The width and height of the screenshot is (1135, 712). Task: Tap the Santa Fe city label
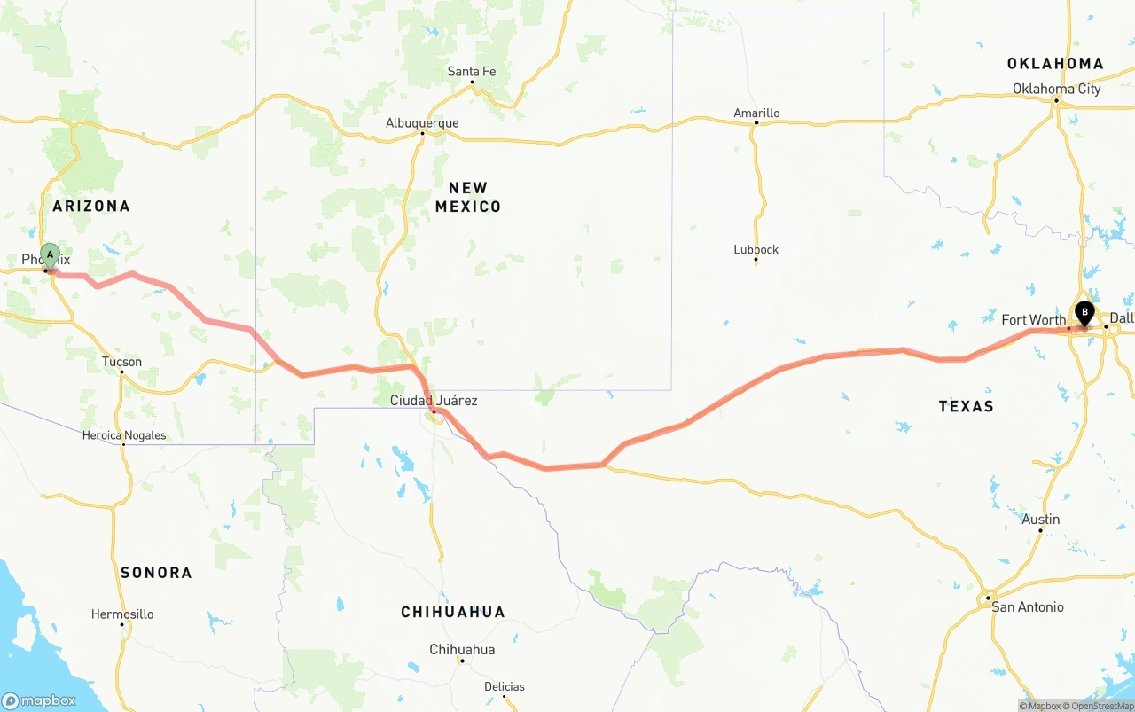click(x=472, y=72)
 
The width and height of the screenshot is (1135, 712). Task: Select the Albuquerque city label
click(x=422, y=123)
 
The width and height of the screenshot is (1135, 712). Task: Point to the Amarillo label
click(x=756, y=113)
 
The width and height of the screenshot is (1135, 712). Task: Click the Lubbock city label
click(x=756, y=249)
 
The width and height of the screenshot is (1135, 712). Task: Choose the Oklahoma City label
click(x=1057, y=89)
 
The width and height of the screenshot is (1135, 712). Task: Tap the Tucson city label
click(x=121, y=362)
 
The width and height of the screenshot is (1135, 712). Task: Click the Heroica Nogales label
click(x=124, y=435)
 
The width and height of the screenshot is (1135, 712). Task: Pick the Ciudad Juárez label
click(x=434, y=401)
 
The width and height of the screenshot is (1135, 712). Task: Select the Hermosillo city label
click(x=122, y=614)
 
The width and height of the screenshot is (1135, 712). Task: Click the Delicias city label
click(x=505, y=686)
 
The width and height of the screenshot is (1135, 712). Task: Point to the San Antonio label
click(x=1027, y=607)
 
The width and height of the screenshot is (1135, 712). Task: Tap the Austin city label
click(x=1040, y=520)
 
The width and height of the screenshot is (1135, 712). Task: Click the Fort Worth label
click(x=1033, y=320)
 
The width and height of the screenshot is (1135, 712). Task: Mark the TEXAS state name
click(x=966, y=406)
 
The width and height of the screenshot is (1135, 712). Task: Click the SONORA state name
click(x=156, y=573)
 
